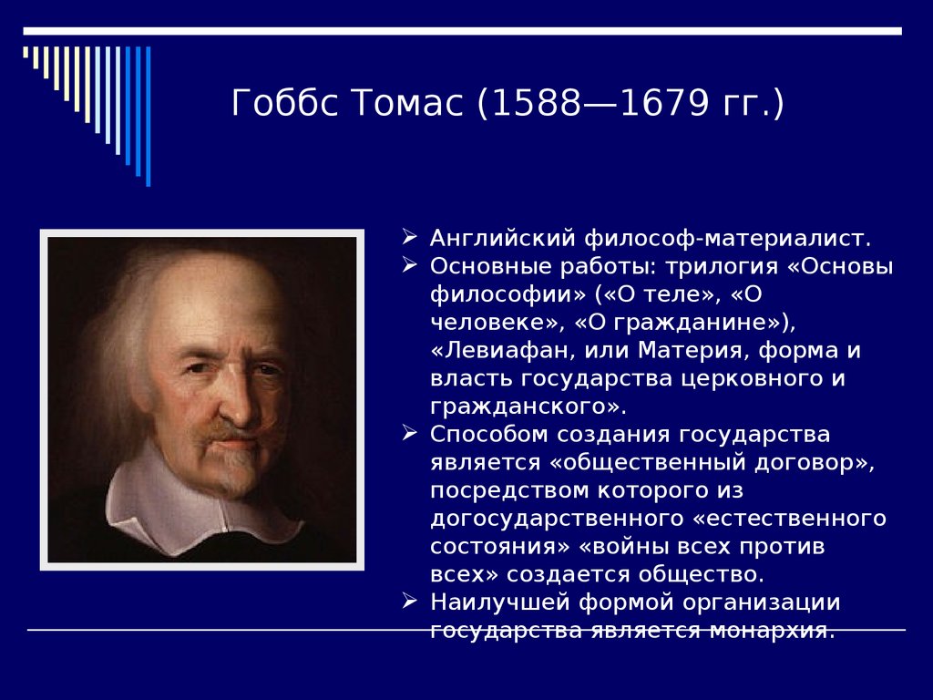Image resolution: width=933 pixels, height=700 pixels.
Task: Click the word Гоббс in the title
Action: [x=285, y=102]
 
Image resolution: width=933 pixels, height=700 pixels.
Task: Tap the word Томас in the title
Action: [x=407, y=102]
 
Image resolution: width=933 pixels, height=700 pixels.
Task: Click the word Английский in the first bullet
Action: [x=503, y=238]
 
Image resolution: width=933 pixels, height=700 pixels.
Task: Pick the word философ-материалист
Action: [x=728, y=238]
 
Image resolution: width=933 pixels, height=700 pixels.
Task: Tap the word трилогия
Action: [x=722, y=267]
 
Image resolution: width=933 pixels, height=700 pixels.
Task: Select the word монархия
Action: [x=772, y=631]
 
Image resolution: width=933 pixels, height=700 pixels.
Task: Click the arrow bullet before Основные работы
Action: [x=409, y=264]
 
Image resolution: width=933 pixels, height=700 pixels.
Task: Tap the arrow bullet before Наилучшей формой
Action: [x=409, y=600]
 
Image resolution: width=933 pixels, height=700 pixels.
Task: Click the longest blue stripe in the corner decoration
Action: [x=149, y=116]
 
